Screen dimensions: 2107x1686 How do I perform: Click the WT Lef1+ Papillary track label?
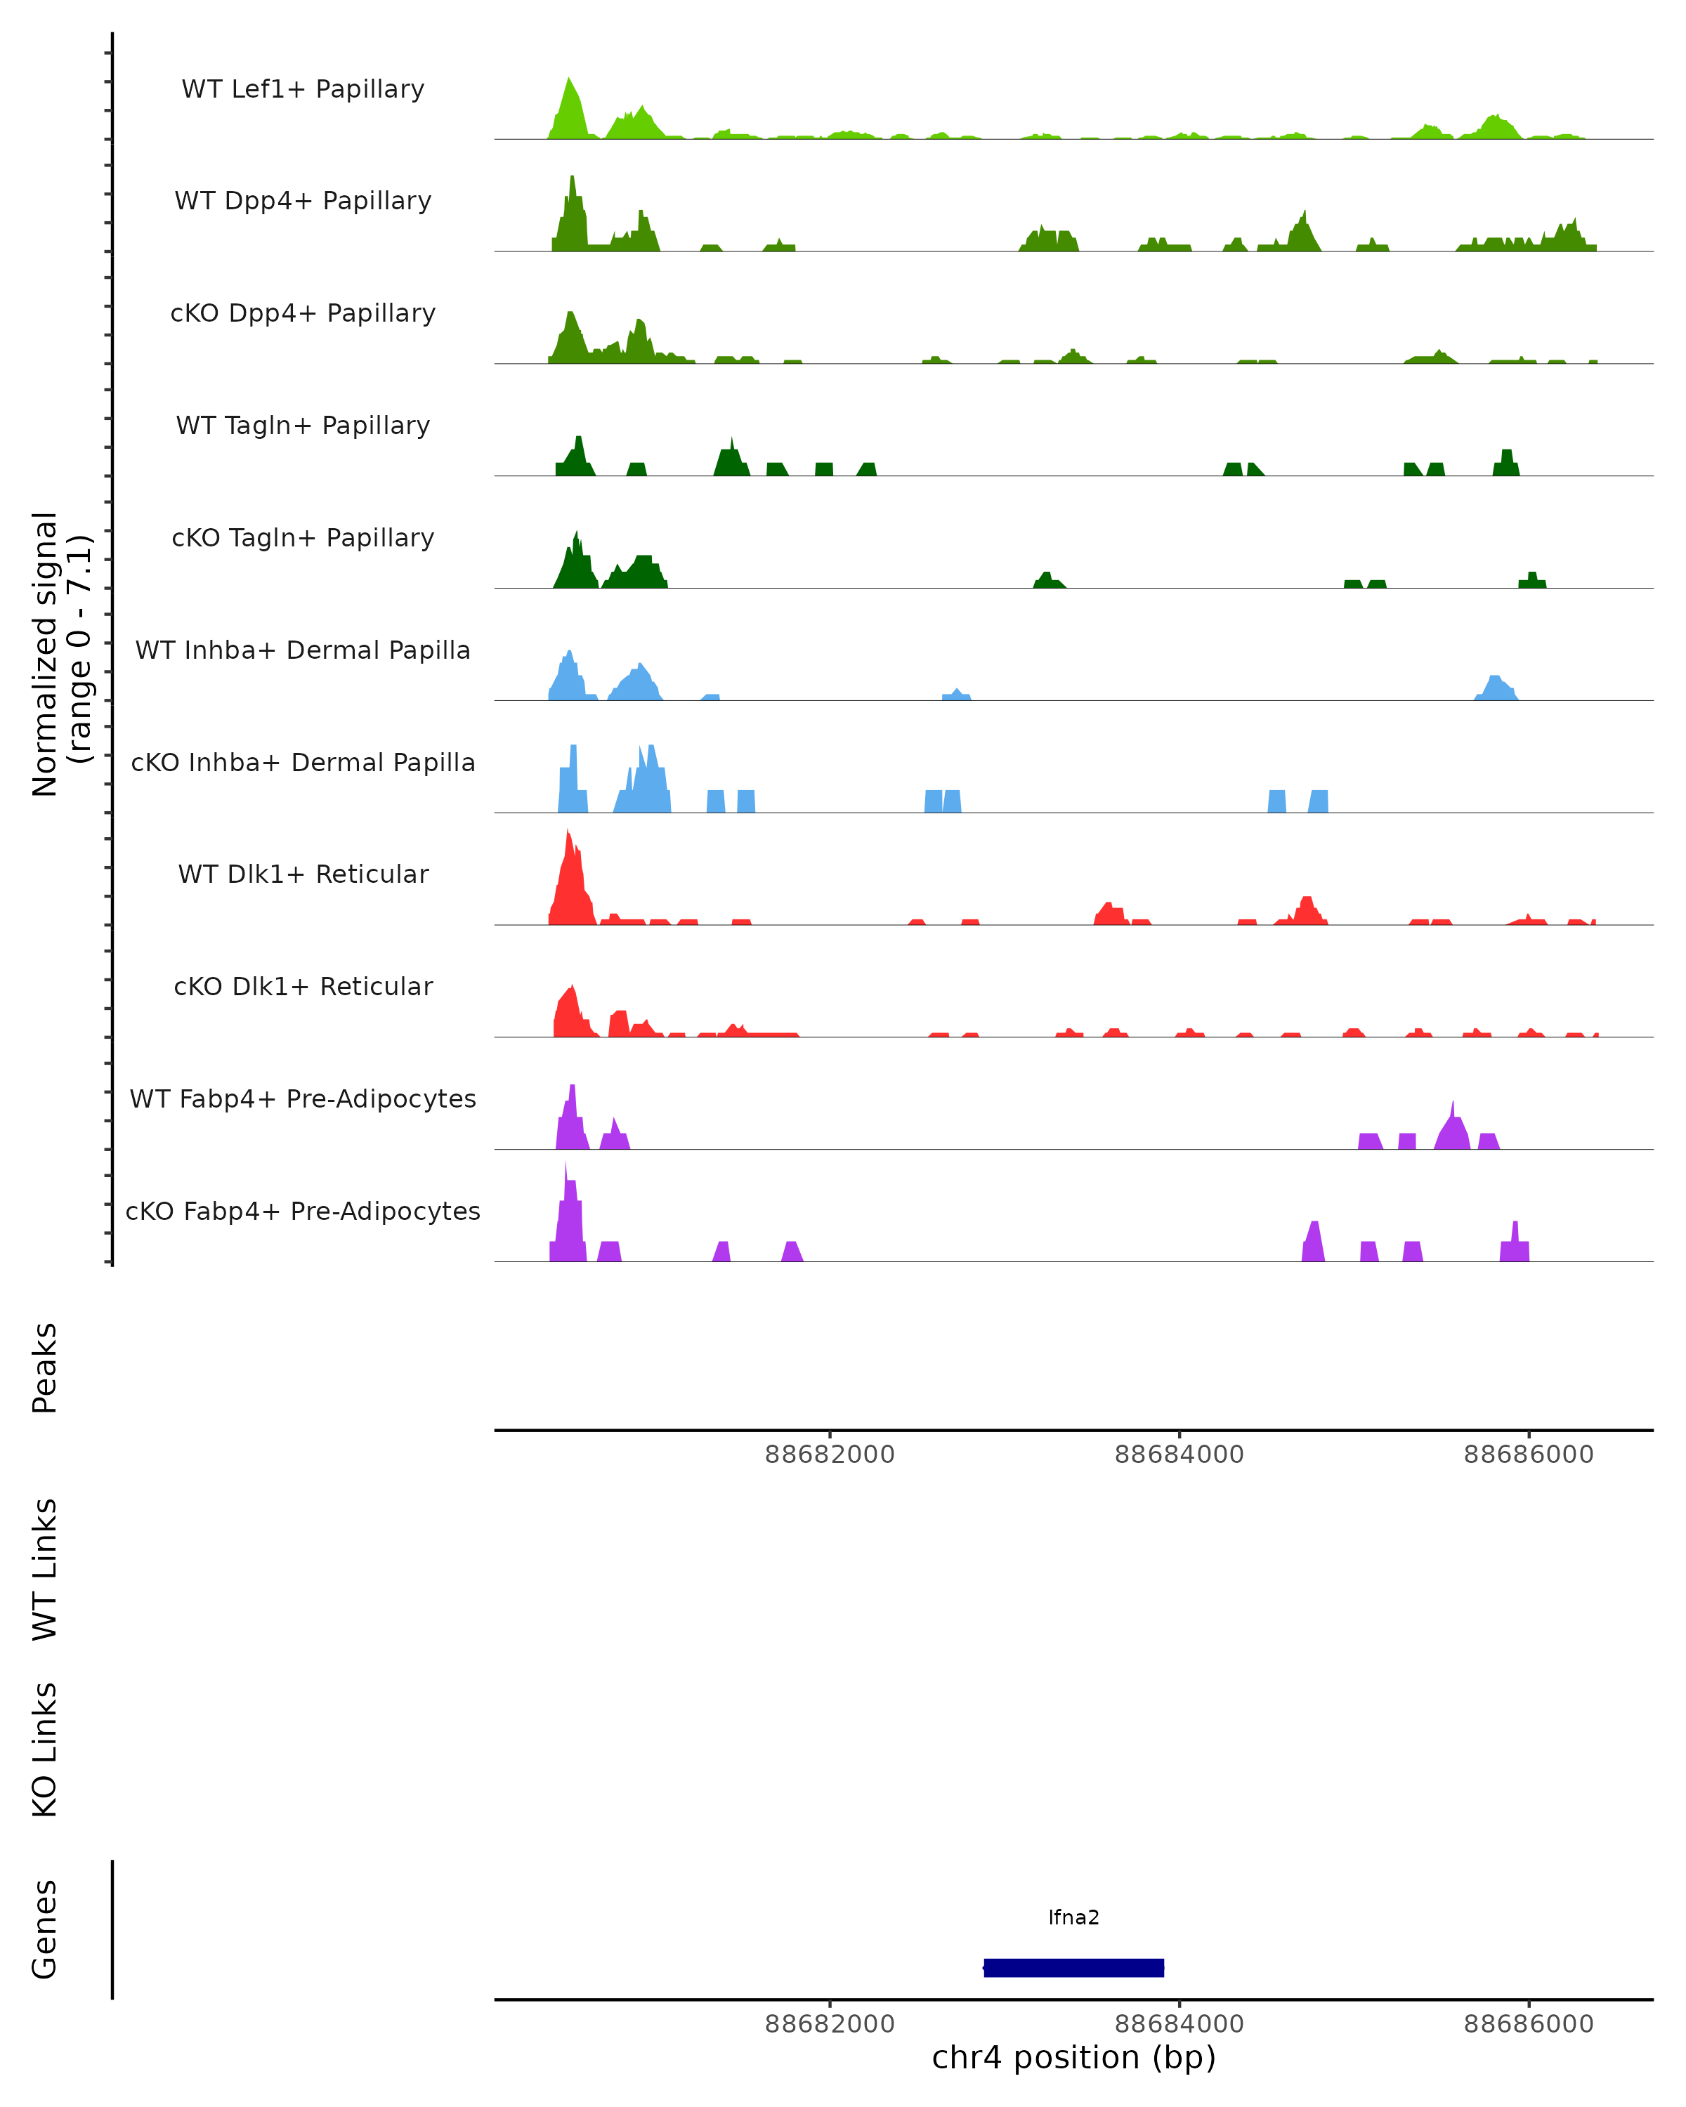point(303,89)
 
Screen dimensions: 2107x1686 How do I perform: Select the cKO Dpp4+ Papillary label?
point(303,314)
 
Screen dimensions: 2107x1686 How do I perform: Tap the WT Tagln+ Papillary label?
point(303,426)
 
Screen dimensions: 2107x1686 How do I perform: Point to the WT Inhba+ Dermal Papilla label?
point(303,651)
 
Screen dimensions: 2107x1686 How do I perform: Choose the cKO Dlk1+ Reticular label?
point(303,987)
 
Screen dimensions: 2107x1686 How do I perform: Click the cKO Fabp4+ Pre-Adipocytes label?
point(303,1212)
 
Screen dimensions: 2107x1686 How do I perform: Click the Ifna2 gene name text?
point(1073,1918)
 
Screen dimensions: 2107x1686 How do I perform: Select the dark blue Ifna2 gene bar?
point(1073,1968)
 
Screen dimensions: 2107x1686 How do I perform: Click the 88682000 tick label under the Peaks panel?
point(830,1455)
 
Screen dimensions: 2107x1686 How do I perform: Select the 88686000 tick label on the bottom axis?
point(1529,2025)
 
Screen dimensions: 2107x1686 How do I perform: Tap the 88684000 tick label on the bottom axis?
point(1179,2025)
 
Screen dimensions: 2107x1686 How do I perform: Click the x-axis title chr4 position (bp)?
point(1073,2058)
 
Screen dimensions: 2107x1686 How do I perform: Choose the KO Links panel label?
point(45,1750)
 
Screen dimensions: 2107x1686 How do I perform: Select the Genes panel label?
point(45,1929)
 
